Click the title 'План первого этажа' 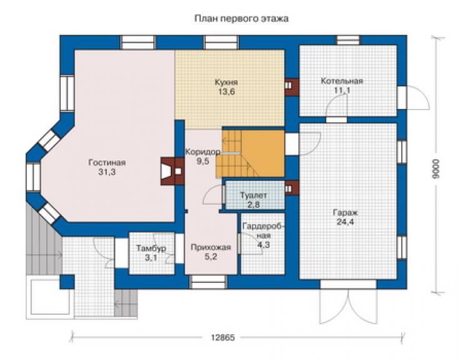[x=242, y=19]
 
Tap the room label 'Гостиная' [x=107, y=163]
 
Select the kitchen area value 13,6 [x=226, y=91]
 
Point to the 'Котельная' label [x=342, y=81]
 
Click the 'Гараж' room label [x=345, y=212]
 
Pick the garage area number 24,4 [x=345, y=222]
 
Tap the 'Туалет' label [x=253, y=195]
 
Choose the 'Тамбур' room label [x=151, y=249]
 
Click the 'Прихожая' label [x=210, y=247]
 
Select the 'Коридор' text [x=203, y=152]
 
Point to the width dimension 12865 [x=223, y=337]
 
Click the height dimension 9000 [x=435, y=168]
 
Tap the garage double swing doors [x=349, y=306]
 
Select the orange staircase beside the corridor [x=250, y=153]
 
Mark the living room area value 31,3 [x=107, y=172]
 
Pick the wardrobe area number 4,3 [x=263, y=245]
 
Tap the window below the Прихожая [x=208, y=282]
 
